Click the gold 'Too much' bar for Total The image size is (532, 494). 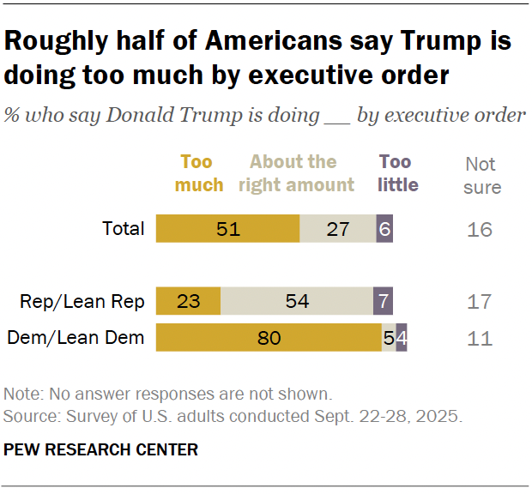(227, 230)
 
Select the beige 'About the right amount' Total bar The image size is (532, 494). (337, 230)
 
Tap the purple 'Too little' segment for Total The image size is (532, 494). (384, 230)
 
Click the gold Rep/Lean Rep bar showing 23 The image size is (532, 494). (188, 302)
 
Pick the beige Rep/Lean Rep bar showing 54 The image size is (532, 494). (297, 302)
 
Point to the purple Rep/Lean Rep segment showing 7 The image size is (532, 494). (383, 302)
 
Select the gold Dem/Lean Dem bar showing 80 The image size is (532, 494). (269, 338)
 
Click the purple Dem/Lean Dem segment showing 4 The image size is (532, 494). (402, 338)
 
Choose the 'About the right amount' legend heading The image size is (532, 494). (301, 173)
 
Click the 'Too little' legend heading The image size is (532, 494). (397, 173)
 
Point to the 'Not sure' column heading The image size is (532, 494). (481, 175)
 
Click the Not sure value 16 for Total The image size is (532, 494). (481, 230)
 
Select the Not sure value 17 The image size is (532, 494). (481, 302)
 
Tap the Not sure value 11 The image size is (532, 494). (481, 338)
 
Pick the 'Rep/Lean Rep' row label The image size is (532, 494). (82, 302)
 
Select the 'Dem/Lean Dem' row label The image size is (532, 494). (76, 338)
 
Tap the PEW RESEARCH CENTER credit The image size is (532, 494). (101, 449)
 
